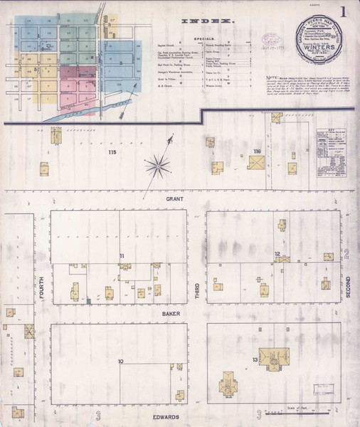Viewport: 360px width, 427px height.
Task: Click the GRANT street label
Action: [175, 199]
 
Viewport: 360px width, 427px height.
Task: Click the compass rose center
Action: [157, 167]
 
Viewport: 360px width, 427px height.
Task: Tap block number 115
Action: [112, 153]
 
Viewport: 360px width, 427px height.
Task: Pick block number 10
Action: [121, 362]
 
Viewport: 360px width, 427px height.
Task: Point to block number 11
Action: [122, 255]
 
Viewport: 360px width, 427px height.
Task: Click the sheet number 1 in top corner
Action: [344, 12]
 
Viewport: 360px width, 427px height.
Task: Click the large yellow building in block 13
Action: [273, 359]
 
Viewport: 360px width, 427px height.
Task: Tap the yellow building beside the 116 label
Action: [256, 163]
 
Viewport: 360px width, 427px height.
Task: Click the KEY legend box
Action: [331, 148]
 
